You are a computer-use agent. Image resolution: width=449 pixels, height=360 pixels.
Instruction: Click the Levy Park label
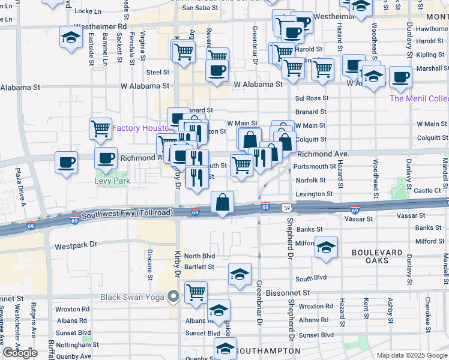[x=112, y=180]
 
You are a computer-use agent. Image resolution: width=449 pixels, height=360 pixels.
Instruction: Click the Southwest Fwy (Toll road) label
[x=122, y=214]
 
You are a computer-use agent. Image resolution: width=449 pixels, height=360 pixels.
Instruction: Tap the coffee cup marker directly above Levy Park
[x=106, y=159]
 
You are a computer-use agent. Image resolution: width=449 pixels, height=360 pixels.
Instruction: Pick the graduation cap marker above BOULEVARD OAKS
[x=325, y=247]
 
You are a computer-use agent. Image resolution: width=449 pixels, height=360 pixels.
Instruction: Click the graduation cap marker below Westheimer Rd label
[x=71, y=38]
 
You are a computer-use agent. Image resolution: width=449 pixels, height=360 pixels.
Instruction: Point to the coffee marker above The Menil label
[x=400, y=77]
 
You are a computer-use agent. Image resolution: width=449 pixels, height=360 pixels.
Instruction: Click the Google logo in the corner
[x=20, y=352]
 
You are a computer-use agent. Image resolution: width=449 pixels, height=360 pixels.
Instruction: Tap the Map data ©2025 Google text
[x=412, y=355]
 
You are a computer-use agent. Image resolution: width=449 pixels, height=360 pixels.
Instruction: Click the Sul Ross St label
[x=312, y=98]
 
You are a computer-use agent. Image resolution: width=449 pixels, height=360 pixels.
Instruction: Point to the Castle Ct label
[x=427, y=190]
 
